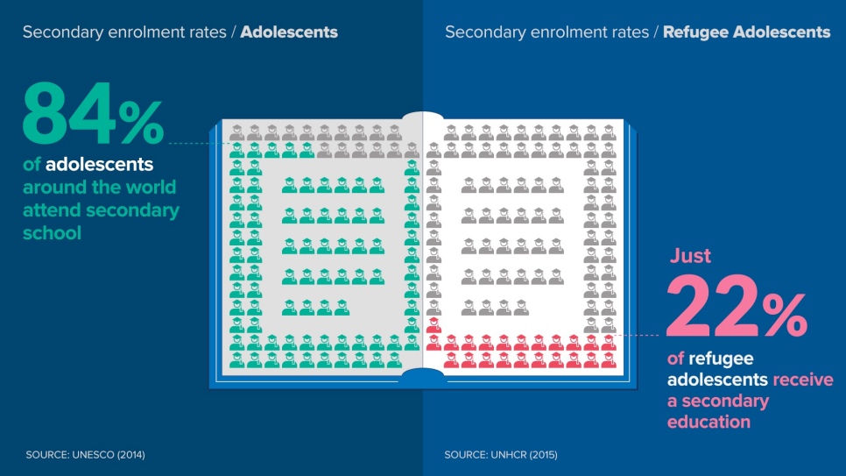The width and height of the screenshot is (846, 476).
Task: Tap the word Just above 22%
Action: pyautogui.click(x=691, y=257)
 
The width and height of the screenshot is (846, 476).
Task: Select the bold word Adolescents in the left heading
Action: pyautogui.click(x=289, y=32)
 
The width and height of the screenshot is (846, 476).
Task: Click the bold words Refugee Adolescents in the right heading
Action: pyautogui.click(x=746, y=32)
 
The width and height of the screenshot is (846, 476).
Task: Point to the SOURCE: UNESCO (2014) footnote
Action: pyautogui.click(x=86, y=455)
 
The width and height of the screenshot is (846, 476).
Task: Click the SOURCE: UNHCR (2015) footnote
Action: pyautogui.click(x=501, y=455)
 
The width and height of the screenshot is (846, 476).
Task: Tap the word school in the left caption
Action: pyautogui.click(x=52, y=233)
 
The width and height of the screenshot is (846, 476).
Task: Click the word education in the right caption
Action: pyautogui.click(x=709, y=422)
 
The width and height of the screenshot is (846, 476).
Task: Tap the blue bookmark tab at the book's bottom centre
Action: pyautogui.click(x=423, y=377)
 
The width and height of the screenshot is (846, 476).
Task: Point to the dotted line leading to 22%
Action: pyautogui.click(x=640, y=335)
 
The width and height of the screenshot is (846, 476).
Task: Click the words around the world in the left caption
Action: pyautogui.click(x=99, y=188)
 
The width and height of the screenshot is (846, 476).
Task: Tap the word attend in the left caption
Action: pyautogui.click(x=52, y=210)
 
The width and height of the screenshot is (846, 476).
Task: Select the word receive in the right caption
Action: pyautogui.click(x=802, y=380)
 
